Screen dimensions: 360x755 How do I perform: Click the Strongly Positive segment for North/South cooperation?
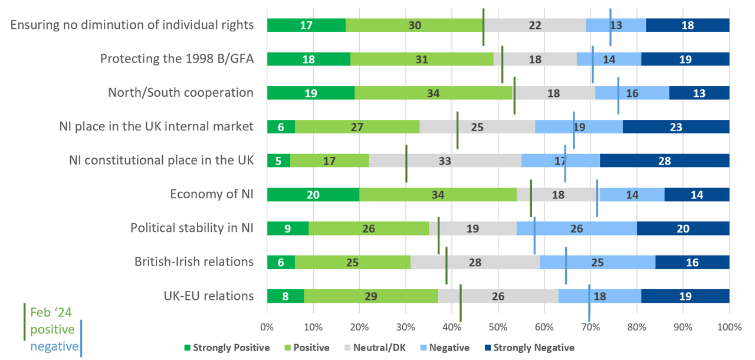(310, 93)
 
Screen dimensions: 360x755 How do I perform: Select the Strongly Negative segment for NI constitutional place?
(664, 161)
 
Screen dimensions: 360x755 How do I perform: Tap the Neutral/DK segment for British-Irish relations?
(475, 262)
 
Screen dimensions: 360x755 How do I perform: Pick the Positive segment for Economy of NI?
(438, 194)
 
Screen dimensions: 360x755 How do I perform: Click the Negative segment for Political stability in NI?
(576, 228)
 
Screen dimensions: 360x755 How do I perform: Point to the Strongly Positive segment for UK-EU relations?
(285, 296)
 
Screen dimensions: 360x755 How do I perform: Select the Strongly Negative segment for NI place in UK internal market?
(676, 126)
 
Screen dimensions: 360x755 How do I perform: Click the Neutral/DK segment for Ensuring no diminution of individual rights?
(534, 25)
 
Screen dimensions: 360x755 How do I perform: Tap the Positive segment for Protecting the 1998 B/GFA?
(422, 58)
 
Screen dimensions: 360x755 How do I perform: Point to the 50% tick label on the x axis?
(498, 327)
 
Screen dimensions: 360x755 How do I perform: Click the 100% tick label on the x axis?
(729, 327)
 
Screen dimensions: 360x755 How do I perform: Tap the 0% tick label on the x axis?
(267, 327)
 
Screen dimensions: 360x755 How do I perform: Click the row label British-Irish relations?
(193, 261)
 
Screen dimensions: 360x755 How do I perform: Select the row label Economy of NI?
(211, 194)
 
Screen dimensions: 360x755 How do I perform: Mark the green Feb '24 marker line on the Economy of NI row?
(531, 198)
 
